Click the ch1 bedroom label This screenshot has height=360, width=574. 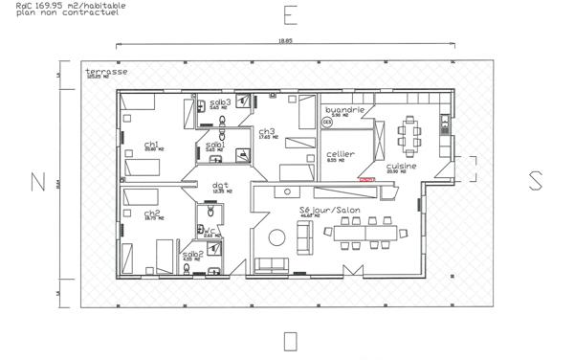[x=150, y=146]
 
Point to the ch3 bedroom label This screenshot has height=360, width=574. [x=266, y=131]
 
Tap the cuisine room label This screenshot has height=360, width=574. [x=401, y=166]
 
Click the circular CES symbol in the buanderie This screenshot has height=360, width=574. [x=326, y=123]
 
